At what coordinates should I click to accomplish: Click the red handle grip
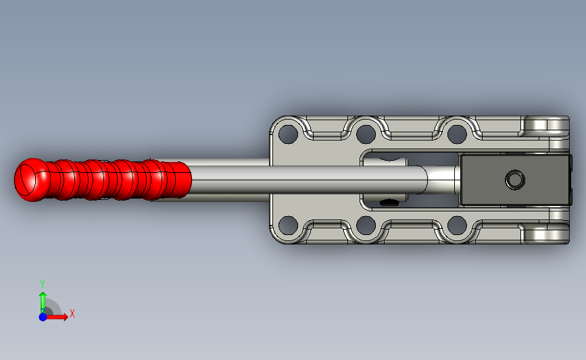coord(103,180)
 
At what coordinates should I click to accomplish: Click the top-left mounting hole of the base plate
coord(288,134)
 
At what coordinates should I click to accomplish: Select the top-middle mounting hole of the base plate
coord(366,134)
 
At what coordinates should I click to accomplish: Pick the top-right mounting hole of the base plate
coord(457,134)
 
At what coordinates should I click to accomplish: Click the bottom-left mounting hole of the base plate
coord(288,225)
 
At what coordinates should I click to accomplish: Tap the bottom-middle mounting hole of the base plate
coord(366,225)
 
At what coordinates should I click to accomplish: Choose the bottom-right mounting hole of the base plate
coord(457,225)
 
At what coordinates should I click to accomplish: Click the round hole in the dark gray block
coord(515,180)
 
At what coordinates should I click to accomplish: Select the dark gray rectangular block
coord(516,180)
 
